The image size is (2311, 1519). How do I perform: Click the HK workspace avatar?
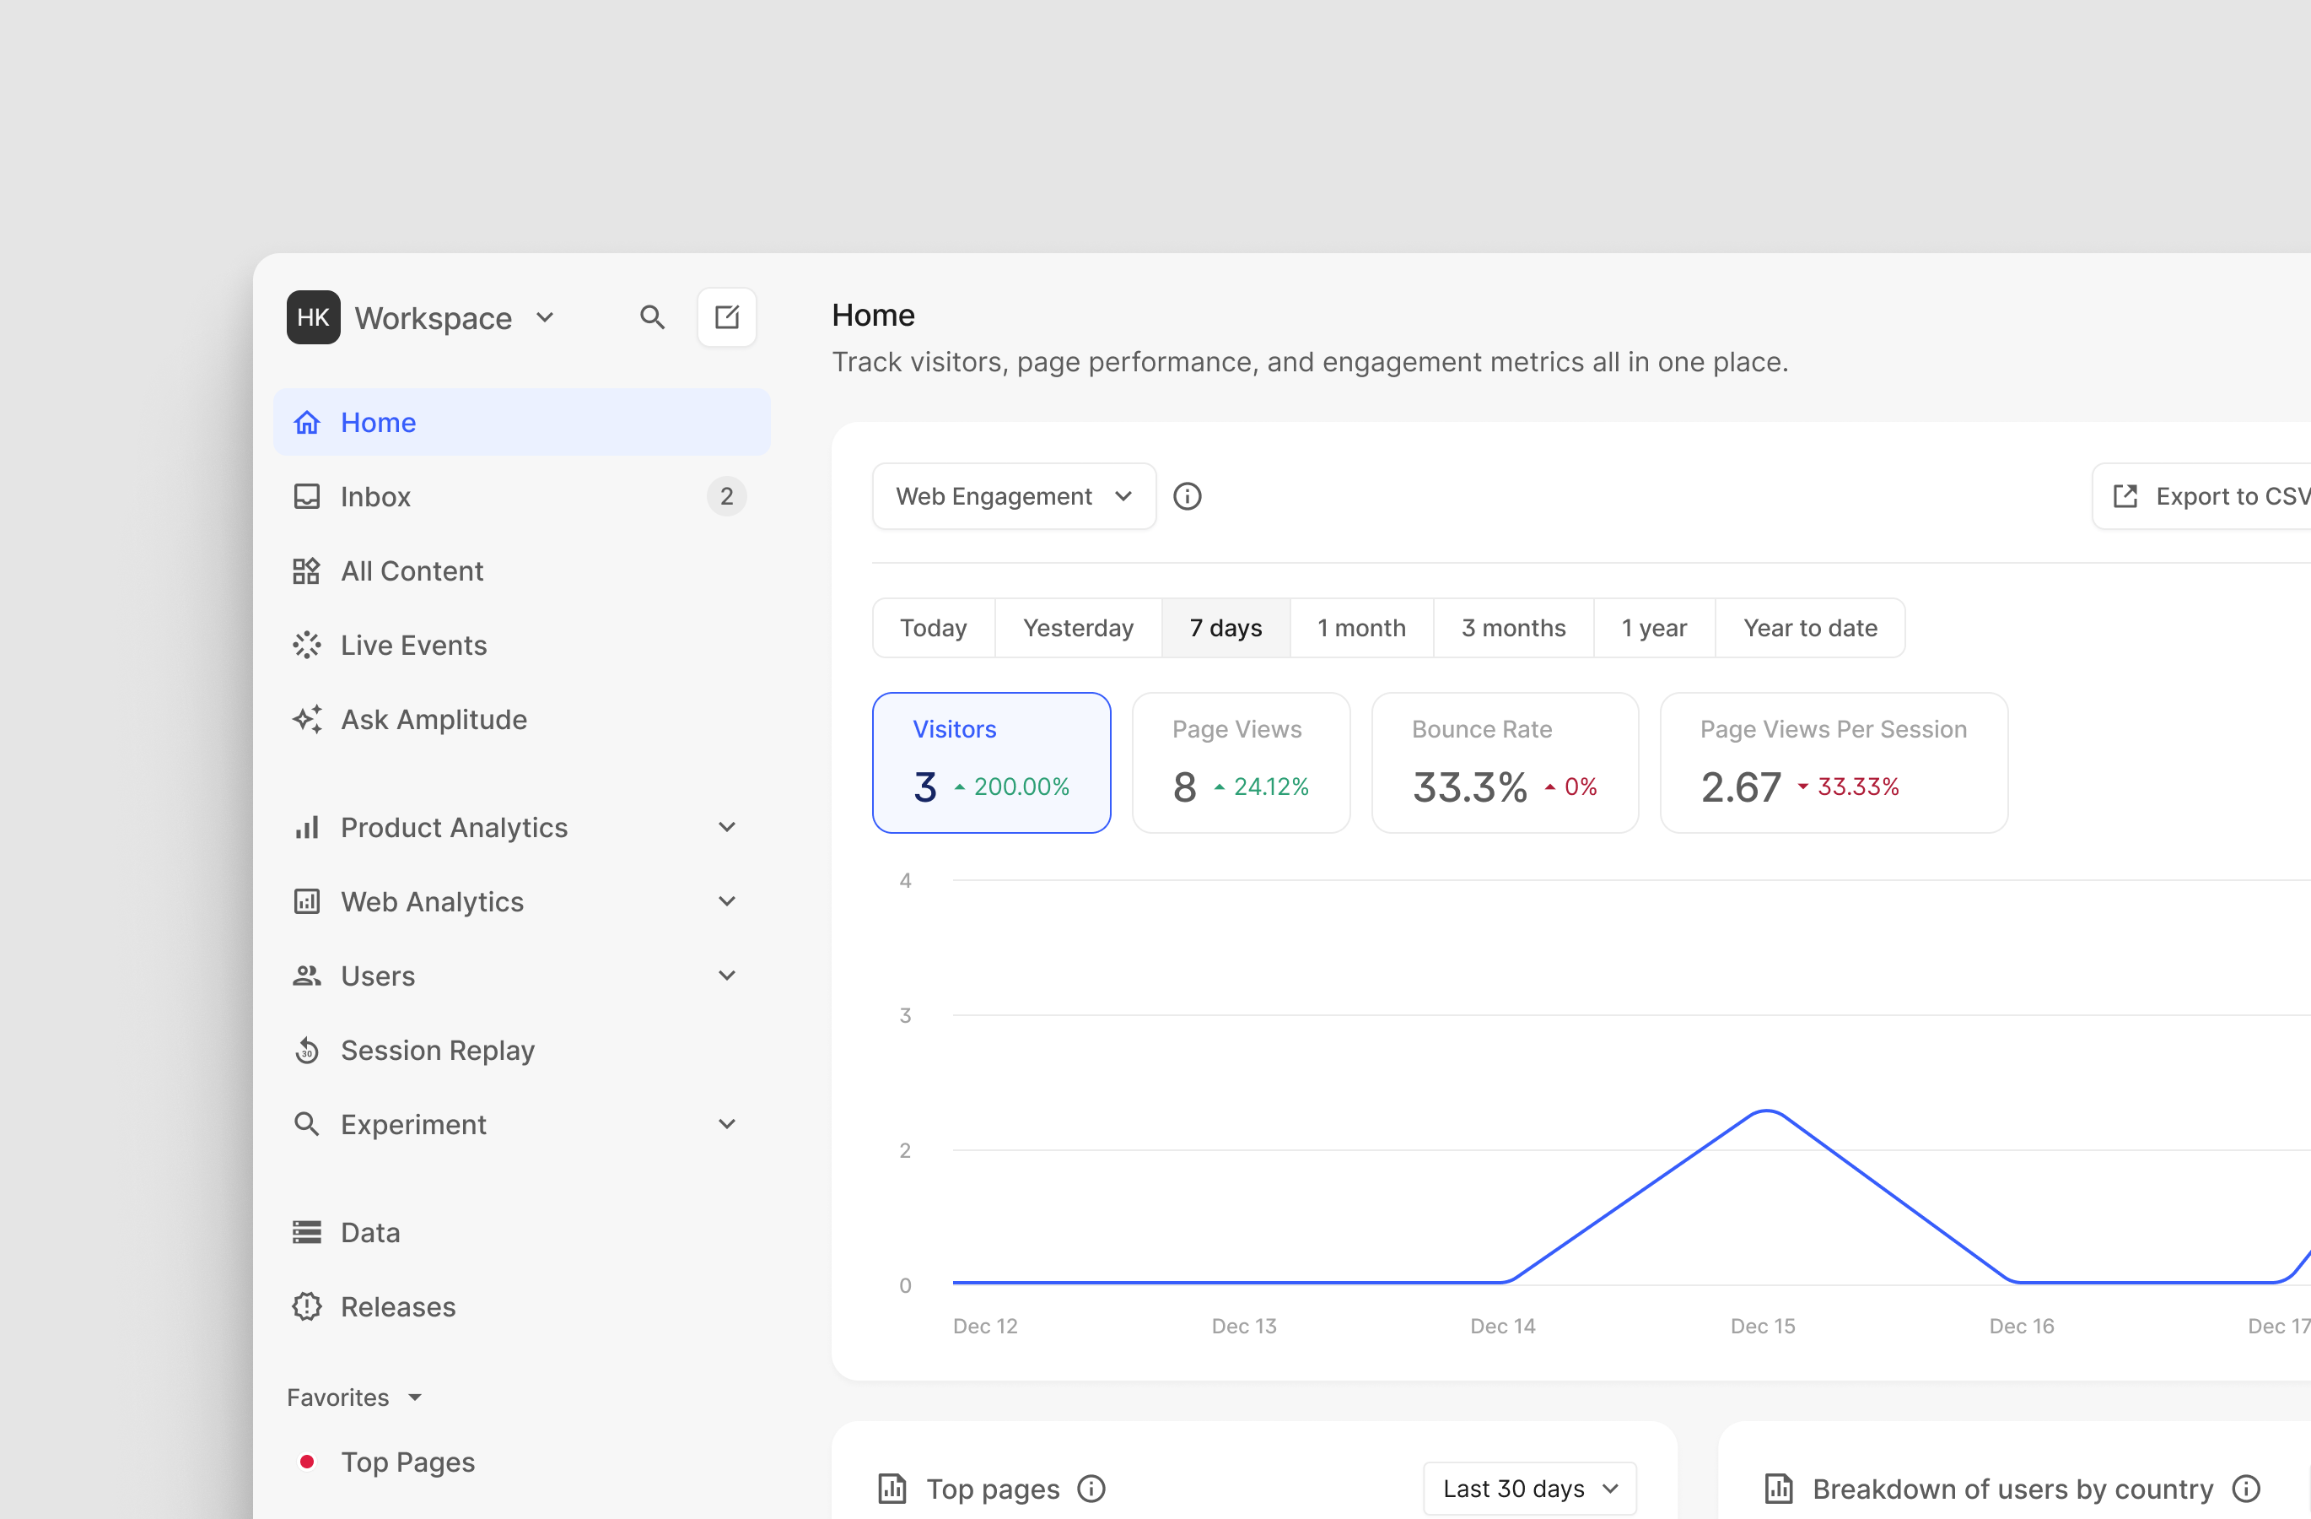click(x=313, y=317)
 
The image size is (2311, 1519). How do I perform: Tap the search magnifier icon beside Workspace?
click(x=651, y=317)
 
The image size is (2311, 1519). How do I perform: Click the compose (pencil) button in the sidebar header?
click(x=726, y=317)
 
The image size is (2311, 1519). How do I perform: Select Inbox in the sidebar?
click(x=376, y=497)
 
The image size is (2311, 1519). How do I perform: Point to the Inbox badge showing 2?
click(x=726, y=497)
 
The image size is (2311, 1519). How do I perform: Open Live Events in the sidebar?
click(x=413, y=646)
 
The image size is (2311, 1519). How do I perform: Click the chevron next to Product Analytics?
click(x=726, y=828)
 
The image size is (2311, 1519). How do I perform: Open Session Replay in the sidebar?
click(x=437, y=1051)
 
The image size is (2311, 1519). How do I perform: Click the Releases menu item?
click(x=397, y=1307)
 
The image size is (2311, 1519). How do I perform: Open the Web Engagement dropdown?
click(x=1013, y=497)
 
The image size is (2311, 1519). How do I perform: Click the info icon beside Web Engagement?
click(x=1187, y=497)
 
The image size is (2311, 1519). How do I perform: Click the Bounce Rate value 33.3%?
click(x=1469, y=787)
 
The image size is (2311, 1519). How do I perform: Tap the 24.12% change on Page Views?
click(x=1270, y=787)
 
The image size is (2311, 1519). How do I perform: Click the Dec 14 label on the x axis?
click(x=1502, y=1327)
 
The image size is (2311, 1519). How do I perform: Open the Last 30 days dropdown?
click(x=1529, y=1489)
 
